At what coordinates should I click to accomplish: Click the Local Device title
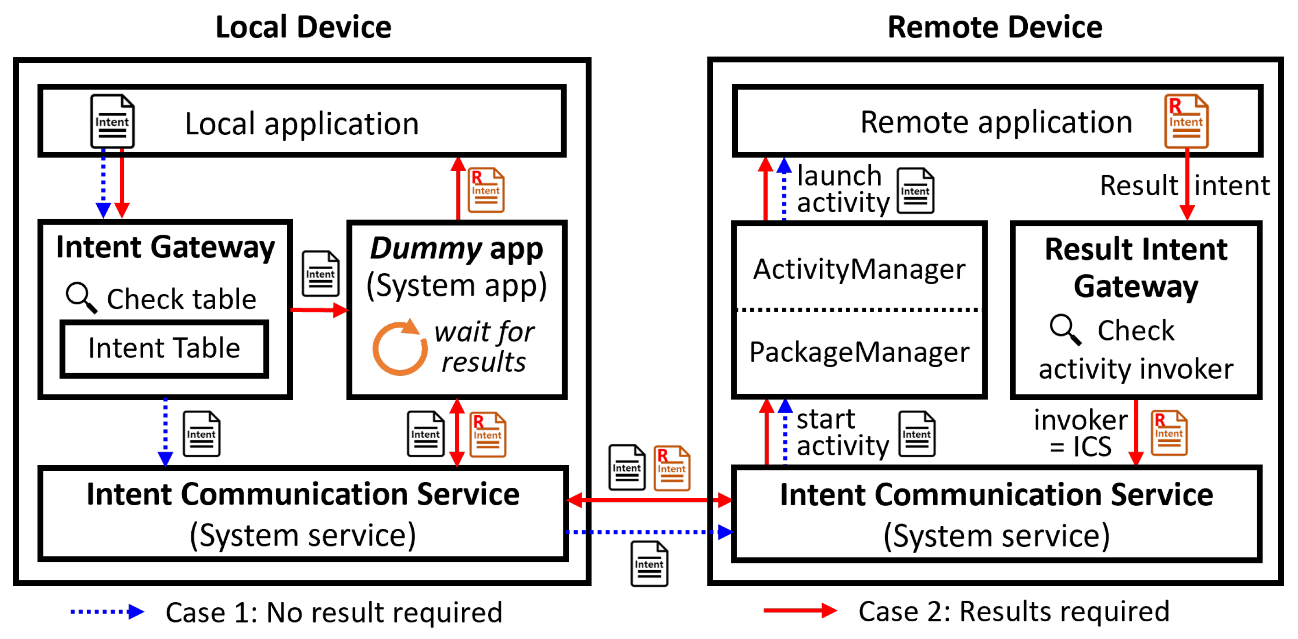303,27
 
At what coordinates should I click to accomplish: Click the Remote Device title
994,27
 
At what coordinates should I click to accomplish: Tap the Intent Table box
164,348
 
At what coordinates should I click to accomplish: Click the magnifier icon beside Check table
81,297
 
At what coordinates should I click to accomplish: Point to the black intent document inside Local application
112,121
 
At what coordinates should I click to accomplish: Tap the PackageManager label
858,352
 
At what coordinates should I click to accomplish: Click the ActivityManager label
858,270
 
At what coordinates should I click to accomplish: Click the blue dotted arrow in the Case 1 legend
107,611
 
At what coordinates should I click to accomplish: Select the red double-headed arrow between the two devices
649,500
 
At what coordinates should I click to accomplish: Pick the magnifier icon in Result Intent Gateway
1065,329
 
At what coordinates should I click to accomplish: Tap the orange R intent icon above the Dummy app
486,190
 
